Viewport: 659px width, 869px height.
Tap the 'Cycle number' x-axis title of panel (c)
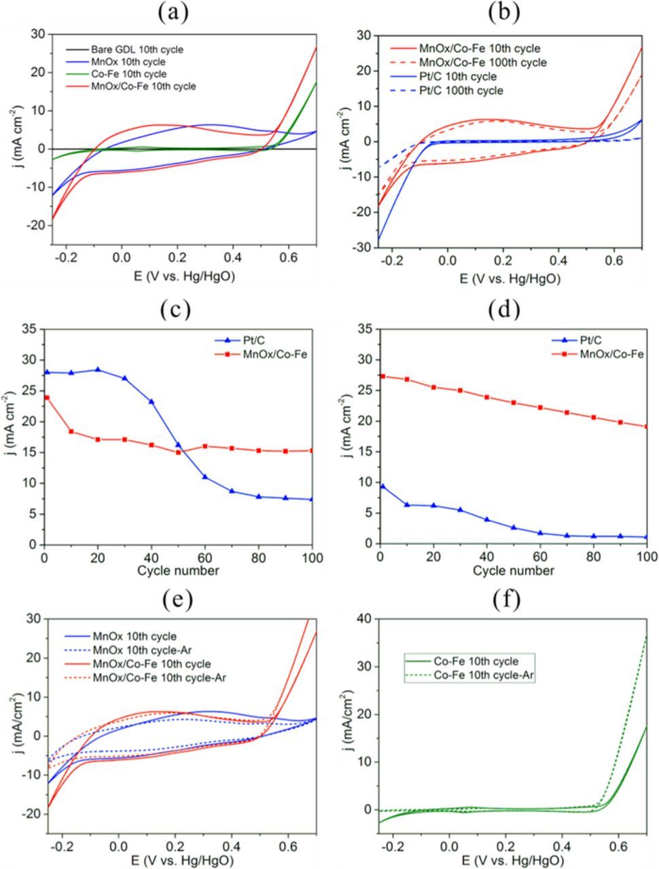point(177,570)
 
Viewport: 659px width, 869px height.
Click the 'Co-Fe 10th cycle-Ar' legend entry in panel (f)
point(484,675)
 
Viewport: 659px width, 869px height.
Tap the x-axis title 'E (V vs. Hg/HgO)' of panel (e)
point(177,860)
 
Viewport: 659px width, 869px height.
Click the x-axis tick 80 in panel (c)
point(259,558)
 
